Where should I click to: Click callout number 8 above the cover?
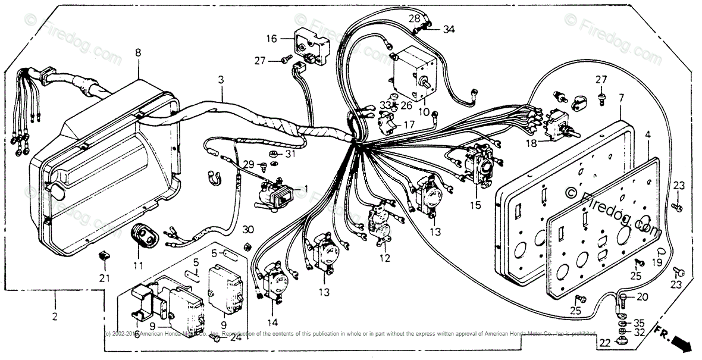pyautogui.click(x=138, y=53)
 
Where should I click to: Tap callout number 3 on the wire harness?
pyautogui.click(x=221, y=80)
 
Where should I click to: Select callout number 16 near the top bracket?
pyautogui.click(x=271, y=39)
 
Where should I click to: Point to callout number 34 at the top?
pyautogui.click(x=449, y=29)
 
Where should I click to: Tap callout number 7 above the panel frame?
pyautogui.click(x=621, y=97)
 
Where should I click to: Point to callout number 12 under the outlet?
pyautogui.click(x=385, y=258)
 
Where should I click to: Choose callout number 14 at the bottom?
pyautogui.click(x=272, y=323)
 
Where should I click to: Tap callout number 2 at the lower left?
pyautogui.click(x=55, y=317)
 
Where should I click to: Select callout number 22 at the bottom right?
pyautogui.click(x=604, y=343)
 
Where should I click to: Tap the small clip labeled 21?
pyautogui.click(x=103, y=256)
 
